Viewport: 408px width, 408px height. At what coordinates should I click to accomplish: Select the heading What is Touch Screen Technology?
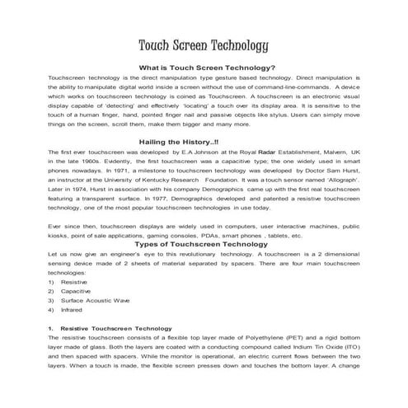click(207, 68)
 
